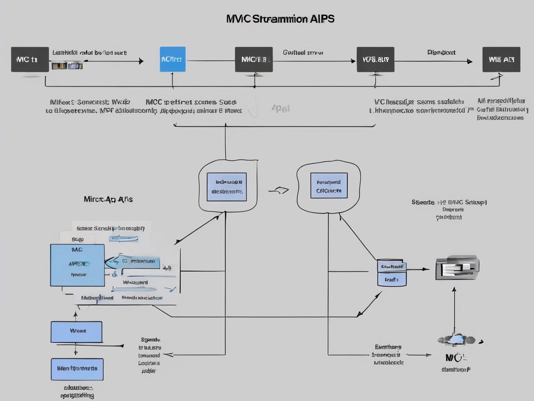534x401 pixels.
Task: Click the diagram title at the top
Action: (280, 19)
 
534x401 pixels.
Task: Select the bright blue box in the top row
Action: (172, 59)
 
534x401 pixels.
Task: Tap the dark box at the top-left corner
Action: (30, 59)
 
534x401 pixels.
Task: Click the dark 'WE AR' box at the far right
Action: (501, 59)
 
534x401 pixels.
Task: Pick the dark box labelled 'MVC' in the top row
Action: (254, 59)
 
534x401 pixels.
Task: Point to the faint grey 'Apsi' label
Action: (280, 108)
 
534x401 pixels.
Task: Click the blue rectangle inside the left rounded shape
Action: (227, 187)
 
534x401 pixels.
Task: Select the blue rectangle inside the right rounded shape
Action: (329, 186)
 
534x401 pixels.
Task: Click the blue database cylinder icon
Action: (392, 273)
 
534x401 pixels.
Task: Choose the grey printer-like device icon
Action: (457, 268)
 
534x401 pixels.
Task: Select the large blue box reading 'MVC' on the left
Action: (77, 265)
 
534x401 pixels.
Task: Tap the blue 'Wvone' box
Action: (76, 332)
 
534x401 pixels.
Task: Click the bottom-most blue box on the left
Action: (77, 369)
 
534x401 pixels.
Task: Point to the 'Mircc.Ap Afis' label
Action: (108, 199)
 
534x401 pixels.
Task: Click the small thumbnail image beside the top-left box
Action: (67, 66)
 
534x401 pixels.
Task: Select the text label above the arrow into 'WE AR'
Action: (441, 52)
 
